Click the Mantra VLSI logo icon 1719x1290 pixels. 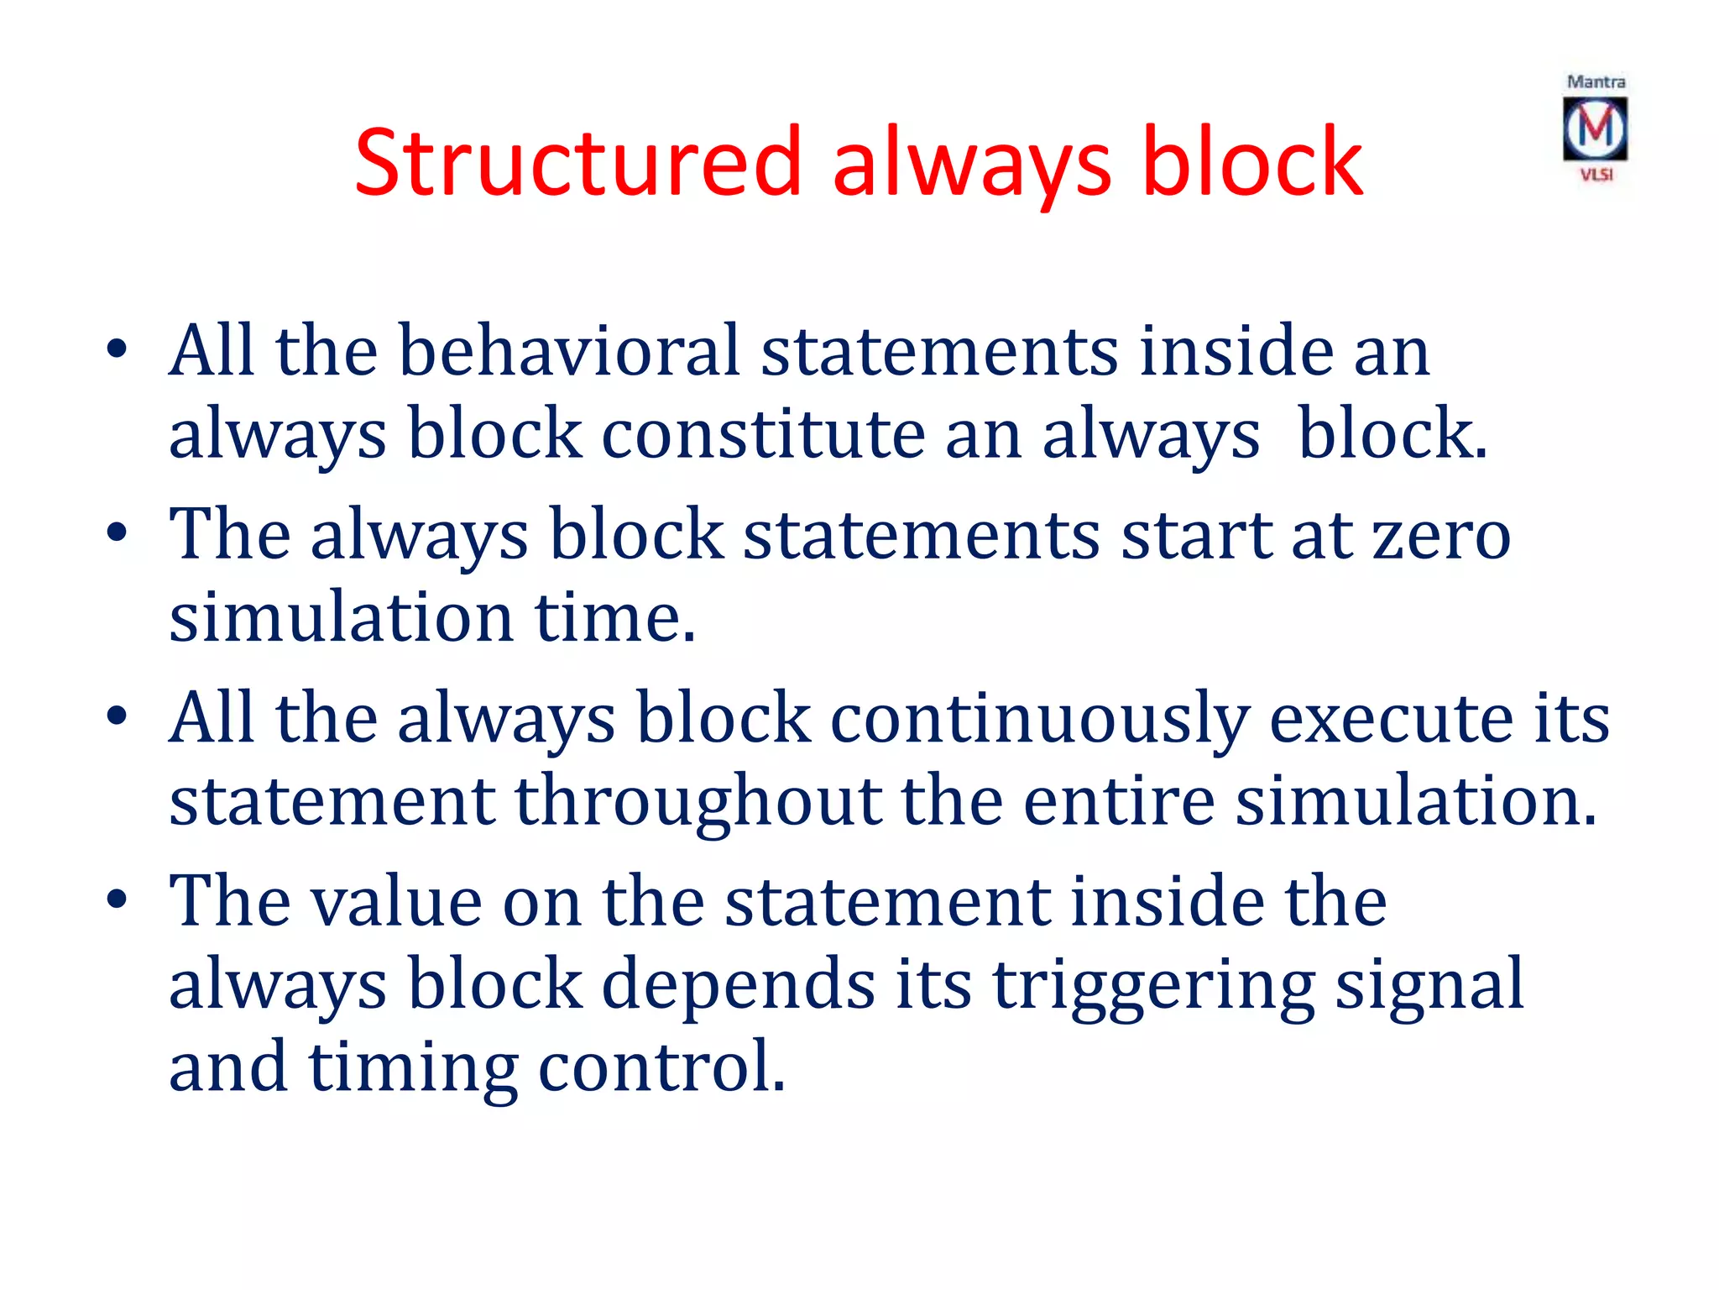click(1595, 129)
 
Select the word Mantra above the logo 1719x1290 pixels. click(1596, 82)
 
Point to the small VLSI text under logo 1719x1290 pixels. click(1596, 175)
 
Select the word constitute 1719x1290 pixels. click(763, 434)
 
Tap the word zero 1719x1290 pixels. click(1441, 535)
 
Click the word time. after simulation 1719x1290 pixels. click(615, 617)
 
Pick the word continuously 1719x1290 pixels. click(1039, 718)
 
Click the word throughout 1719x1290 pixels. click(698, 801)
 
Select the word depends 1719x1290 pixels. click(739, 984)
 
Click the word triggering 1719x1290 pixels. click(1153, 984)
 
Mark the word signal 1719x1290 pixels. click(1429, 984)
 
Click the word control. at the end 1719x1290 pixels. click(661, 1067)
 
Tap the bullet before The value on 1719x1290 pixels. click(118, 899)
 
